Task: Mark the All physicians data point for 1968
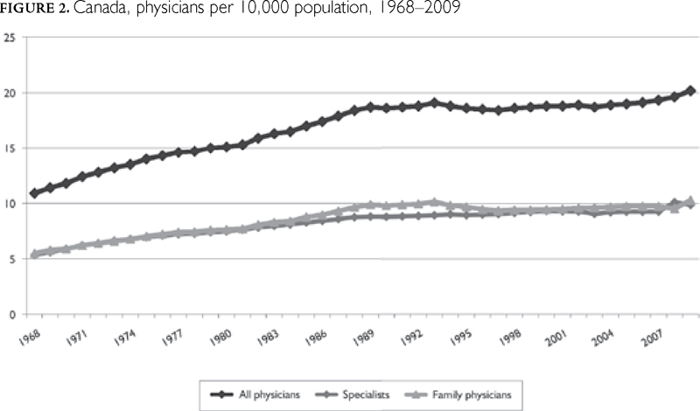tap(34, 192)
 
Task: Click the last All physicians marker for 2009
tap(691, 90)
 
